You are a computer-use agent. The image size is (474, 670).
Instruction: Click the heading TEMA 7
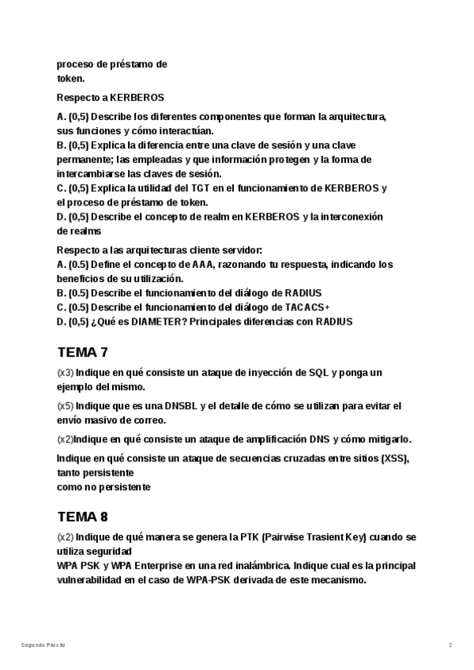pos(82,352)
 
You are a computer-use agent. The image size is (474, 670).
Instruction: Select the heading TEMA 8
pos(82,518)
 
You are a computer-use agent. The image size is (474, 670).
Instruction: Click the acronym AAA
pos(203,264)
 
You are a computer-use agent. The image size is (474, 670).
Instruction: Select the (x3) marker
pos(66,372)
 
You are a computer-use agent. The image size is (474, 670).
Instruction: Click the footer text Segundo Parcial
pos(43,646)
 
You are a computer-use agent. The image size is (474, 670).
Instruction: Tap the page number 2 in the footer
pos(450,646)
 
